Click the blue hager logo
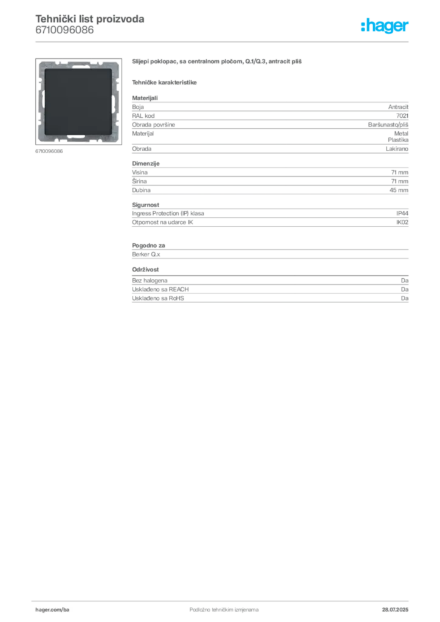click(385, 27)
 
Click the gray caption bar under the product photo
click(48, 151)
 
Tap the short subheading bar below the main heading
click(165, 81)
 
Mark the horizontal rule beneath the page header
click(224, 41)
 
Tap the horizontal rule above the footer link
click(224, 600)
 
